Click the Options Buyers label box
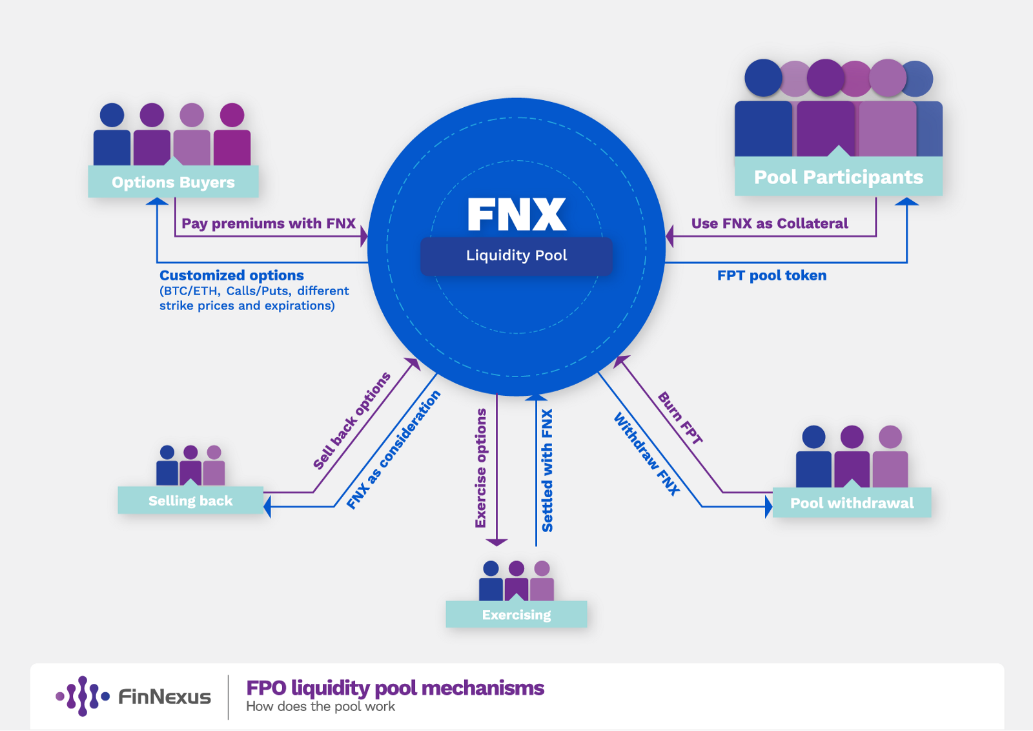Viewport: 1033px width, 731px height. tap(174, 181)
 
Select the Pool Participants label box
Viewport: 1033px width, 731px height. tap(839, 176)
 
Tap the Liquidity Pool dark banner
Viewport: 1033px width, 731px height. tap(516, 256)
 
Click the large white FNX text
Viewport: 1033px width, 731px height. tap(516, 214)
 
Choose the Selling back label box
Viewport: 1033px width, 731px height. tap(190, 500)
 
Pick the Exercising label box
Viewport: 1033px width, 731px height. tap(516, 614)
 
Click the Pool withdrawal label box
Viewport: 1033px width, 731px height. tap(852, 502)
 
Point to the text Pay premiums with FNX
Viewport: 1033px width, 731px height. tap(269, 223)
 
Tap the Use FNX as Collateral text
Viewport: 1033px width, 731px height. tap(770, 223)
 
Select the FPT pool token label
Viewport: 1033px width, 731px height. tap(772, 275)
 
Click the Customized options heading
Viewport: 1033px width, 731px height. tap(232, 275)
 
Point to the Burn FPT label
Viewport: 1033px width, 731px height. tap(680, 418)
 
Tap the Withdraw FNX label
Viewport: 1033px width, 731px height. tap(647, 454)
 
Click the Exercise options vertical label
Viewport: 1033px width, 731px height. tap(481, 468)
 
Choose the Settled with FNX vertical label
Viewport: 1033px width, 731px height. tap(547, 470)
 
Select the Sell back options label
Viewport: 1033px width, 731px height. tap(351, 420)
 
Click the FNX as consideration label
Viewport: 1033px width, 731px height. tap(393, 449)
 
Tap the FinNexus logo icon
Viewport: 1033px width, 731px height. tap(83, 696)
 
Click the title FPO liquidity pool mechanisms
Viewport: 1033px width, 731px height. tap(395, 688)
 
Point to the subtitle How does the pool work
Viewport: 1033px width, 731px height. tap(320, 706)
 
